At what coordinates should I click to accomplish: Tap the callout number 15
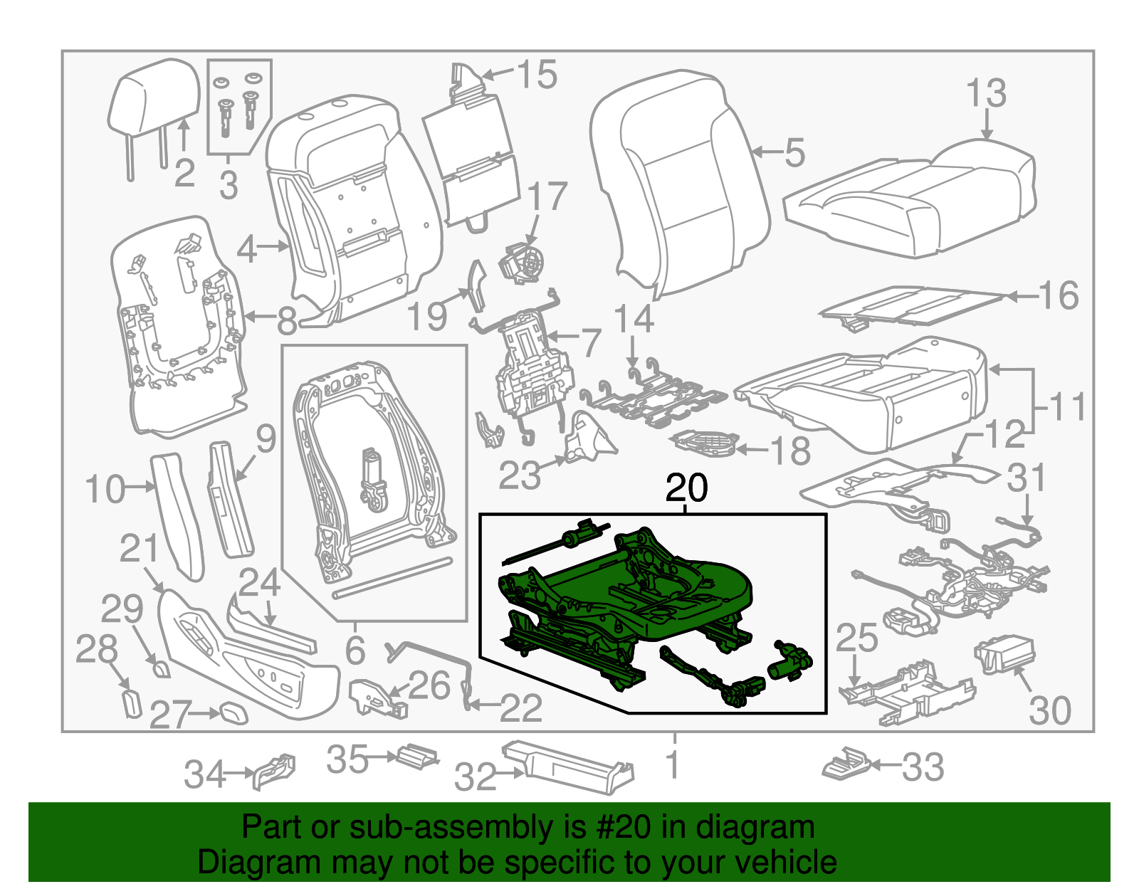coord(537,75)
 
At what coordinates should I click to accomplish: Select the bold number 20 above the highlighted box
coord(686,488)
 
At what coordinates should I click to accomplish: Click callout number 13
coord(986,94)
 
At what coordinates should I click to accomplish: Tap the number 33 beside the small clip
coord(923,767)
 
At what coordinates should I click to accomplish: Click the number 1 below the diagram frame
coord(673,765)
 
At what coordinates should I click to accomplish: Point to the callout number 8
coord(286,321)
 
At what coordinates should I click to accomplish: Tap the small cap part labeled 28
coord(132,704)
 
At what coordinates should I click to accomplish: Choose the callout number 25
coord(856,638)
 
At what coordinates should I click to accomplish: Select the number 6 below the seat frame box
coord(355,650)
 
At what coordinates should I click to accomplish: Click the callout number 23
coord(519,475)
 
